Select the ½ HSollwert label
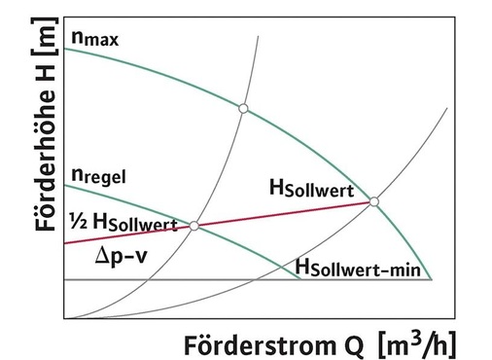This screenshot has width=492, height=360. pyautogui.click(x=121, y=222)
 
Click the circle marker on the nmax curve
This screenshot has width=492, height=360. pyautogui.click(x=243, y=107)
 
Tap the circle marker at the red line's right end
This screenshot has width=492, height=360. pyautogui.click(x=373, y=201)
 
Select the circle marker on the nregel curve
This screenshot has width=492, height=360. pyautogui.click(x=194, y=226)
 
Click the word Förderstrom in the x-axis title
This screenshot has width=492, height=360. pyautogui.click(x=247, y=342)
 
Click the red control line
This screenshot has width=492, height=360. pyautogui.click(x=282, y=213)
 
